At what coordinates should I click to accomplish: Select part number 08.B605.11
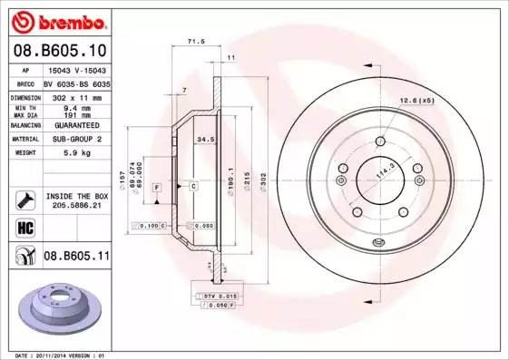click(75, 257)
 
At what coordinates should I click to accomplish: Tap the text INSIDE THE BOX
click(76, 196)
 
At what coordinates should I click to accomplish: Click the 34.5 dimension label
click(205, 140)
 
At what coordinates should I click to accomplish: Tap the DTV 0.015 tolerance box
click(219, 297)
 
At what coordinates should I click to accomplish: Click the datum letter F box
click(157, 186)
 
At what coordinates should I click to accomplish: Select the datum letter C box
click(193, 186)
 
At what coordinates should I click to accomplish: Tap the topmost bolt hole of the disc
click(377, 141)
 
